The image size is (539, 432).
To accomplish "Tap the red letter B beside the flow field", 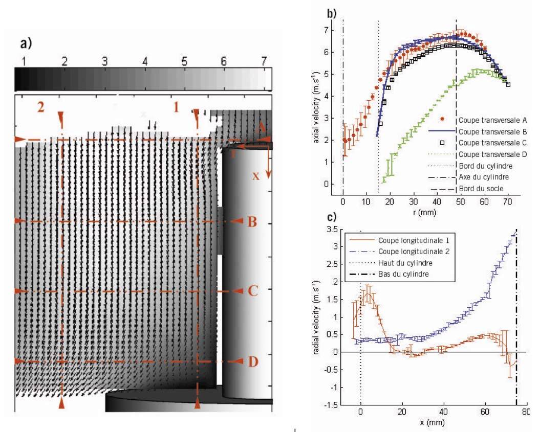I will [252, 222].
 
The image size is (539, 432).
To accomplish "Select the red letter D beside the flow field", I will [252, 361].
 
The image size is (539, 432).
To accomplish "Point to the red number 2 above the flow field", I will [40, 108].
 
